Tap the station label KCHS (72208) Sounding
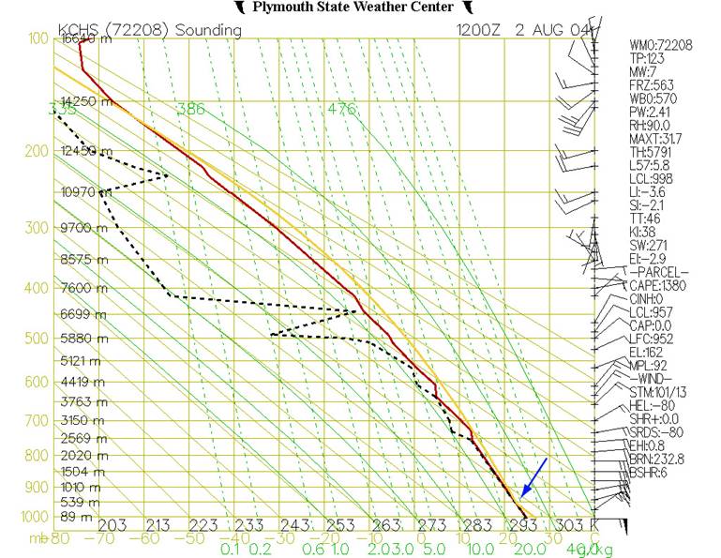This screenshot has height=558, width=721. coord(149,30)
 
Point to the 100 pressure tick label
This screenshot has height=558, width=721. coord(37,39)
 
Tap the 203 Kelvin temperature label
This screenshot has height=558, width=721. coord(112,524)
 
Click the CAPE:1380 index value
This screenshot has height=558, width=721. coord(662,286)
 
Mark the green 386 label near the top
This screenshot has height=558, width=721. coord(190,109)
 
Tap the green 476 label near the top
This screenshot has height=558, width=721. coord(342,109)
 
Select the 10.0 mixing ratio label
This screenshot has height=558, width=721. coord(480,549)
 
